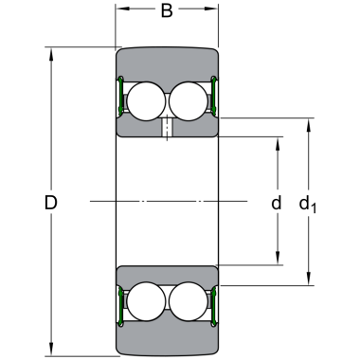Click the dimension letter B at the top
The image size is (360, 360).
tap(167, 10)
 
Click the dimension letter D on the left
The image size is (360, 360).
tap(50, 203)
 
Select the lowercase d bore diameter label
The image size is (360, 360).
tap(277, 203)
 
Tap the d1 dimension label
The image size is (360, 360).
tap(307, 205)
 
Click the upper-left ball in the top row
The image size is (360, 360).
tap(146, 101)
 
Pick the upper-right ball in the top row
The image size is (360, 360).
tap(189, 101)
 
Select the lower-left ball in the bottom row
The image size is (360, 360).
tap(146, 301)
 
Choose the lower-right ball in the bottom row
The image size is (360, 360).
tap(189, 301)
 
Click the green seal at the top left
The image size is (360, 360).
tap(120, 95)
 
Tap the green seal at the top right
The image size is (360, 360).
tap(214, 95)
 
